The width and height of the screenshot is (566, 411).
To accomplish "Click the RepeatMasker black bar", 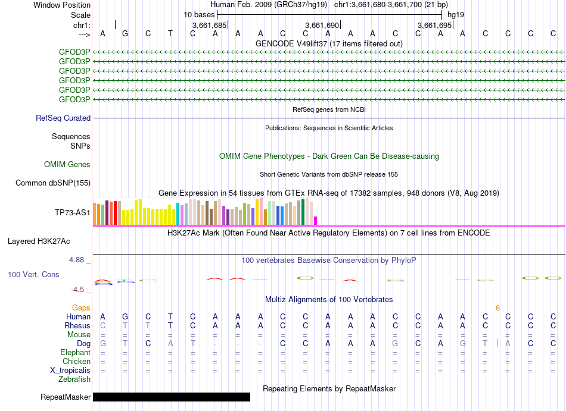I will pos(172,397).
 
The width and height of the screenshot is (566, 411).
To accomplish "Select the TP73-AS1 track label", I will pos(72,212).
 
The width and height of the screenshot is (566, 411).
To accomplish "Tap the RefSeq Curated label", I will pos(63,118).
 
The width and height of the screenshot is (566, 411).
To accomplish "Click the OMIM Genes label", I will pos(67,164).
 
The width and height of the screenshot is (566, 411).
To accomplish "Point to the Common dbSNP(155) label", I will pos(53,183).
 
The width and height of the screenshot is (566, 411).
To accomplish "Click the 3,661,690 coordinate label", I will pos(322,26).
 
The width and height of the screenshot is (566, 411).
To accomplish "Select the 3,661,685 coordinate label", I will pos(209,26).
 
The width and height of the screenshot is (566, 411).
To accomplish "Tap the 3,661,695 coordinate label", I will pos(435,26).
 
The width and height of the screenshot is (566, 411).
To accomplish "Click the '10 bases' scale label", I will pos(199,14).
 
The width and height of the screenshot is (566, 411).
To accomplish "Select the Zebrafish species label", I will pos(74,379).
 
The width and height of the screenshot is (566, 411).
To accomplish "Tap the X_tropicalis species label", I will pos(70,370).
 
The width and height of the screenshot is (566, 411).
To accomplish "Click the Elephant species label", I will pos(75,352).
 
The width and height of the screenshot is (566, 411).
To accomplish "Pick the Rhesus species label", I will pos(77,326).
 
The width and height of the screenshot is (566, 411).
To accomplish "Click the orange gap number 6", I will pos(497,308).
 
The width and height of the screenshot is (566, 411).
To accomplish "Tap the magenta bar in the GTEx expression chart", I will pos(316,220).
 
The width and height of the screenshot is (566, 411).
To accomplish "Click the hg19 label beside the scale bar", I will pos(456,14).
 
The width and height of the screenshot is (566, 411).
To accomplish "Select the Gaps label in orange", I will pos(81,308).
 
